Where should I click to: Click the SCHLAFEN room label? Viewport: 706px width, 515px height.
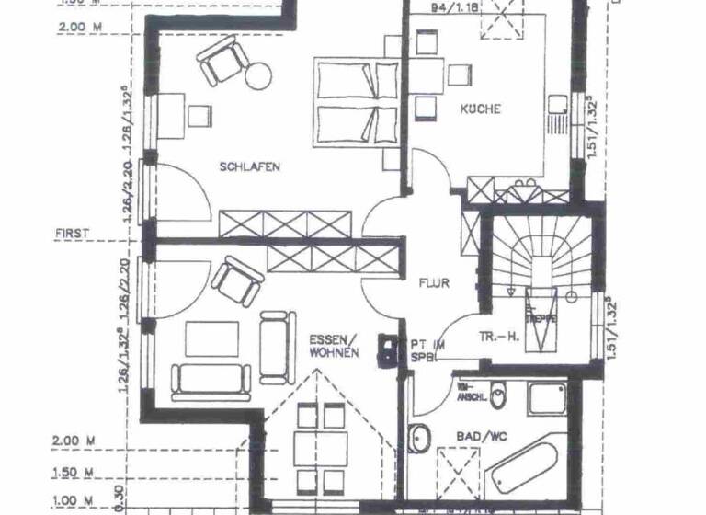click(x=249, y=166)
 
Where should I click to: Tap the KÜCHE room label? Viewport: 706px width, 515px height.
click(x=481, y=109)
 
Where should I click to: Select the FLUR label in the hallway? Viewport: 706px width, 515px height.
click(x=432, y=283)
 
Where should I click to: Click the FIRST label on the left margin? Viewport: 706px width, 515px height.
click(x=72, y=234)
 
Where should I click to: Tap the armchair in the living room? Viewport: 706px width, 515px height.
click(x=235, y=280)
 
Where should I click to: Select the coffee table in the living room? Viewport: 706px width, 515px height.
click(x=211, y=337)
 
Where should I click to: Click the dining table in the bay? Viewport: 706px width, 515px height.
click(x=319, y=450)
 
